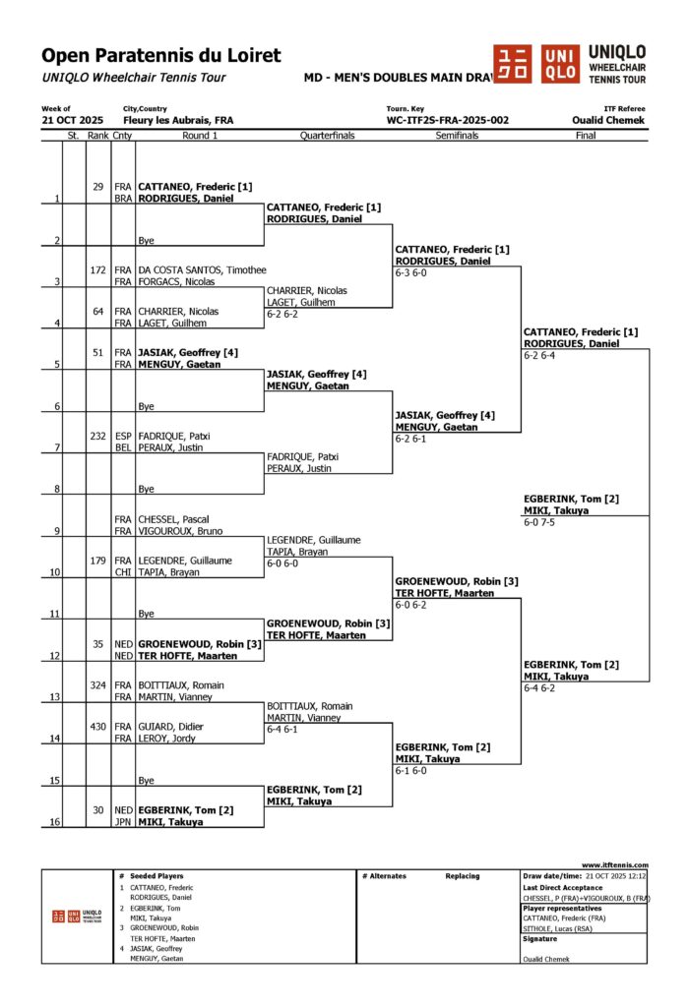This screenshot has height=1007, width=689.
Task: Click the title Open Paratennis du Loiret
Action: tap(160, 56)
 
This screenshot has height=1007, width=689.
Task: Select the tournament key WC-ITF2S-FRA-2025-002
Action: tap(448, 120)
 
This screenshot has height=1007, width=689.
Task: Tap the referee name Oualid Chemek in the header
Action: tap(608, 120)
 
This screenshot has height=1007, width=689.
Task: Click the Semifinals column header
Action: tap(457, 136)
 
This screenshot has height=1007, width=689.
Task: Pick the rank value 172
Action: tap(97, 269)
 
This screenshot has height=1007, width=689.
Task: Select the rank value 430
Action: tap(97, 727)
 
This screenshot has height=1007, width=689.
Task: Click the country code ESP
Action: tap(122, 436)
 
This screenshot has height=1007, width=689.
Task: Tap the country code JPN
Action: tap(122, 822)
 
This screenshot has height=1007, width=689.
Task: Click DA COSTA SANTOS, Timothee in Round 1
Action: tap(187, 269)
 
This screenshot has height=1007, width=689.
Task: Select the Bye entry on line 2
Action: tap(146, 240)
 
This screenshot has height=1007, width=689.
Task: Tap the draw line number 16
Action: tap(57, 822)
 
